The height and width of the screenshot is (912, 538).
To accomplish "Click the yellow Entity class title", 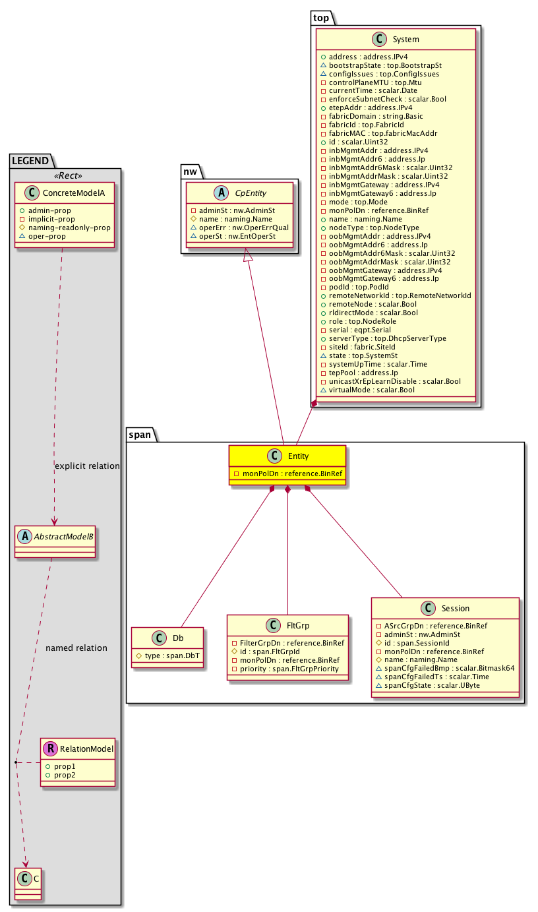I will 297,456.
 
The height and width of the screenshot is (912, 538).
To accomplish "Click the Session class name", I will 456,609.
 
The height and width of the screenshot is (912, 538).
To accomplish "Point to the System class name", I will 405,40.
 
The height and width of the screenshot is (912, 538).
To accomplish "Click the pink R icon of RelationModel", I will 51,748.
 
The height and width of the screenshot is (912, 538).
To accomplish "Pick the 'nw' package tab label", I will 191,171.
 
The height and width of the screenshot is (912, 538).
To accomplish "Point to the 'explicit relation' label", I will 87,466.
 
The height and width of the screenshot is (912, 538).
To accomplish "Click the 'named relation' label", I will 76,648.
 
